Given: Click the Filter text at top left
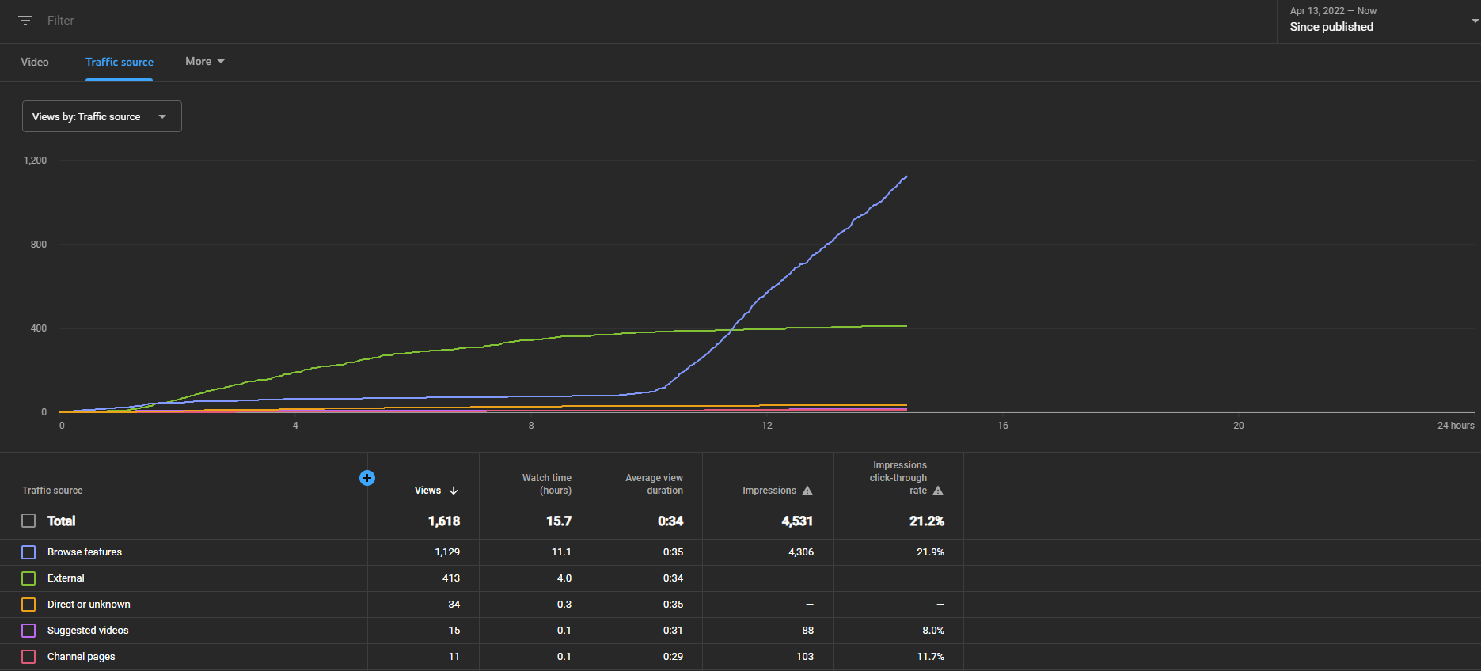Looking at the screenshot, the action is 60,21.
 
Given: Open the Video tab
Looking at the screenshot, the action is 35,62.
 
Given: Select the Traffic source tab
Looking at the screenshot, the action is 120,62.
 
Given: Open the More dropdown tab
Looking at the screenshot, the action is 205,61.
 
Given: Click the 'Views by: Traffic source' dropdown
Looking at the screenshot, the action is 102,116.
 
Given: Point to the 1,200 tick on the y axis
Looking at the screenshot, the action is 36,161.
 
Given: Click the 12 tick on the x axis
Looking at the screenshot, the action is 767,426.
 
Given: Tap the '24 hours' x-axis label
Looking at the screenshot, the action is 1456,426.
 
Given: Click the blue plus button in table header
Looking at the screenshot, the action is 367,478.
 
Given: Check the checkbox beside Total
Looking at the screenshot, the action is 28,521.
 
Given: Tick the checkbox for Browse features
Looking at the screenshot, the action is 28,552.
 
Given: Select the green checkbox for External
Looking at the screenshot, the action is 28,578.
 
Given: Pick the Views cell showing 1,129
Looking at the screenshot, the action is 447,552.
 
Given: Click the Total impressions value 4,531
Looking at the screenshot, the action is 797,521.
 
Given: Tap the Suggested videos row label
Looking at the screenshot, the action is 88,631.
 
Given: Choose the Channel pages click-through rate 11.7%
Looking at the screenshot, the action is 930,657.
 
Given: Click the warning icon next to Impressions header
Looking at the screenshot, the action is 807,491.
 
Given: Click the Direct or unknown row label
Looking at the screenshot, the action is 89,605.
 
